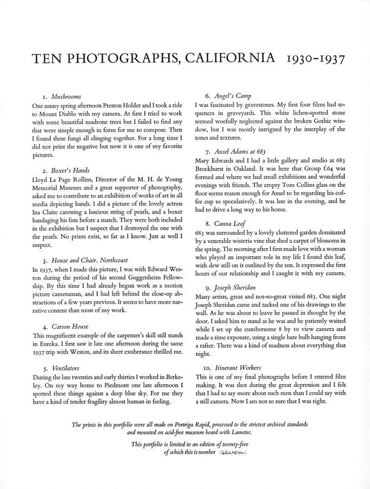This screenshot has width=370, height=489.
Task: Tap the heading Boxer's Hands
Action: click(69, 170)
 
